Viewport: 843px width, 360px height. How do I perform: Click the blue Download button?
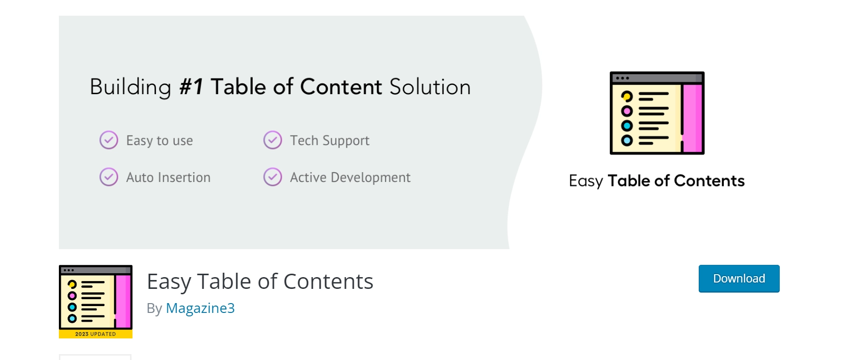(738, 279)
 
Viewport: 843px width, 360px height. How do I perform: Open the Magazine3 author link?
(200, 308)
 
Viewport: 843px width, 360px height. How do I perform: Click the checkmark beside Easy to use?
(109, 140)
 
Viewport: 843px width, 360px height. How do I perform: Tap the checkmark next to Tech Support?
(273, 140)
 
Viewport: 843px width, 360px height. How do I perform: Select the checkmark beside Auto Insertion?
(109, 177)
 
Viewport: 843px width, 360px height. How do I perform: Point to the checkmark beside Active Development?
(273, 177)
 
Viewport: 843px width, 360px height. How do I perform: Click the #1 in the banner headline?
(191, 87)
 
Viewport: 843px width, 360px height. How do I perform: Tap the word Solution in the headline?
(430, 87)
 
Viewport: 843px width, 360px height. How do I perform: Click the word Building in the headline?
(130, 87)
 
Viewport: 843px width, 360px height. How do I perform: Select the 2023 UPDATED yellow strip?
(96, 334)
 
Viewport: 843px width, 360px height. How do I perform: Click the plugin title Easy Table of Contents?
(260, 282)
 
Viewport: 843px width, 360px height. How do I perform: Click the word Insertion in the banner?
(184, 177)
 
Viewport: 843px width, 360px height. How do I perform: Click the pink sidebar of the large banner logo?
(692, 118)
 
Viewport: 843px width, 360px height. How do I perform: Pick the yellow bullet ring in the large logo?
(627, 96)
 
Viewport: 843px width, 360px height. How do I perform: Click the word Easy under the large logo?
(585, 181)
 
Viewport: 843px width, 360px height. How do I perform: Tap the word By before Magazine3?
(154, 309)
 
